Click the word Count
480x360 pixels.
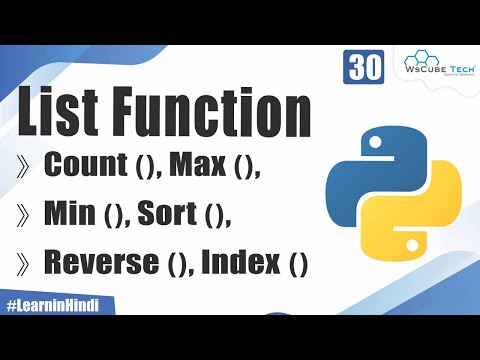(87, 167)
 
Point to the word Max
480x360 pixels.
(198, 167)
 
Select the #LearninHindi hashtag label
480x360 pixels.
(57, 303)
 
